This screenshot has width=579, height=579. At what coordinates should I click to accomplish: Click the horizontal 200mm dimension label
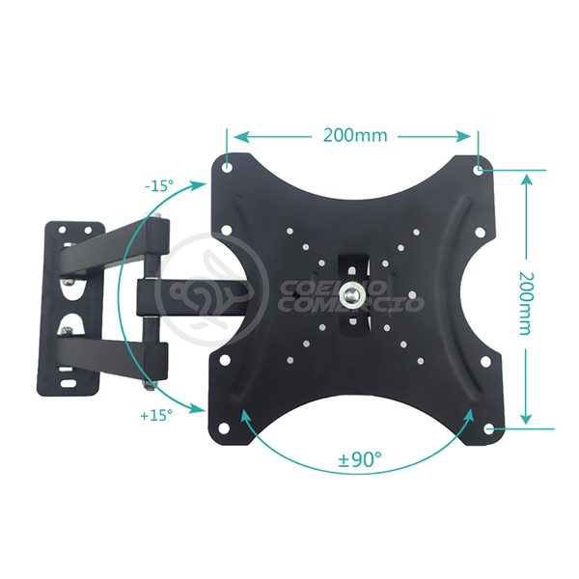(354, 135)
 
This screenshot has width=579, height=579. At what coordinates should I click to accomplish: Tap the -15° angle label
(160, 186)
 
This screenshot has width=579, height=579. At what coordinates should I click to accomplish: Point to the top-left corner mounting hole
(227, 167)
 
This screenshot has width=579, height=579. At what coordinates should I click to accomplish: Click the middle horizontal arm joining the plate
(193, 295)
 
